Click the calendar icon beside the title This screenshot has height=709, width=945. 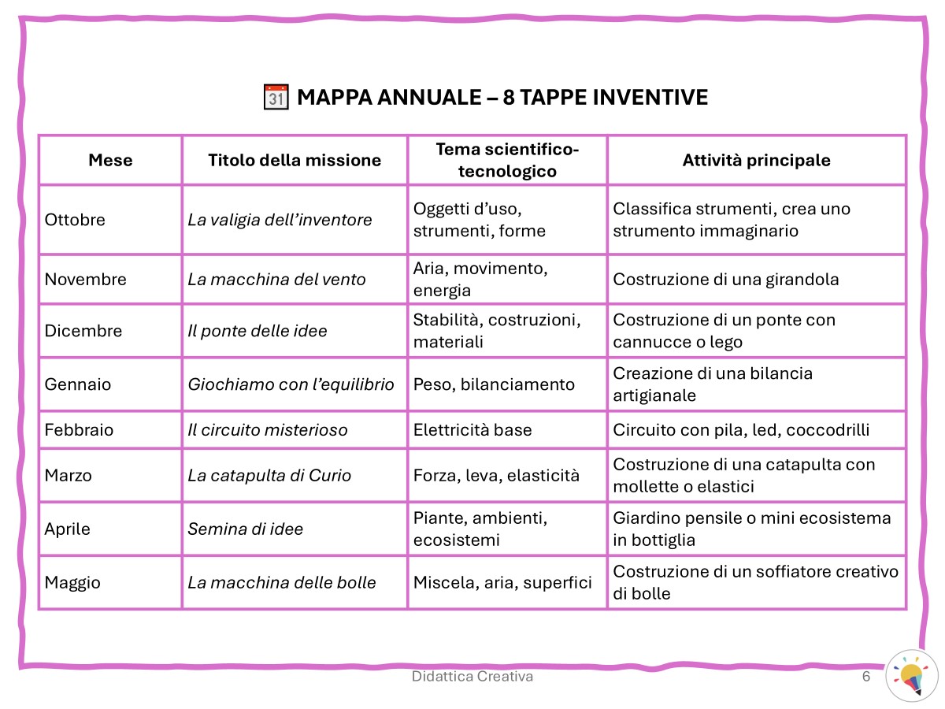tap(275, 98)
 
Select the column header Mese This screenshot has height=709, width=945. tap(110, 160)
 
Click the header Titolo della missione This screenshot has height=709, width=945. tap(295, 160)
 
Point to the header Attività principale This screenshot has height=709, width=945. tap(756, 160)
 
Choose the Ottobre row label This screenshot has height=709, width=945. tap(75, 220)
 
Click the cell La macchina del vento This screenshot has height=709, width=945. tap(276, 279)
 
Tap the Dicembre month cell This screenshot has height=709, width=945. tap(83, 331)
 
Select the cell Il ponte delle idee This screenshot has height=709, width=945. tap(258, 331)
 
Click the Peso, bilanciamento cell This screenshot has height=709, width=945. tap(494, 384)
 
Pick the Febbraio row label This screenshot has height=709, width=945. tap(79, 430)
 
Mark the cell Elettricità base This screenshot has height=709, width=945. tap(472, 430)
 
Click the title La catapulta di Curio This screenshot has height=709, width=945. tap(269, 475)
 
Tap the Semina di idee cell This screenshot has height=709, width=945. tap(245, 529)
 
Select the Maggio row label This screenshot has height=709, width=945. tap(72, 583)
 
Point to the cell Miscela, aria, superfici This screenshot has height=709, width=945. tap(502, 583)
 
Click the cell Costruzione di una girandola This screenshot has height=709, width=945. tap(726, 279)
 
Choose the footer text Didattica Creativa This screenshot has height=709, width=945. tap(472, 677)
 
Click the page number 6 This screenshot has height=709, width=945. tap(866, 677)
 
